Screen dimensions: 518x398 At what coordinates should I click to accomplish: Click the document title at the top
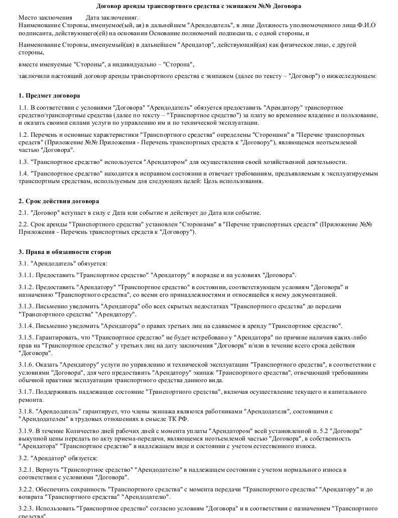tap(199, 7)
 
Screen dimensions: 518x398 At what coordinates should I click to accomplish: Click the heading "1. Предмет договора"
tap(49, 96)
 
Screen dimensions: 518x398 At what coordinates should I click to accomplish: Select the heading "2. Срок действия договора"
tap(59, 201)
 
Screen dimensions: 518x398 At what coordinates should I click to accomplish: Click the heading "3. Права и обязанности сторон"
tap(65, 251)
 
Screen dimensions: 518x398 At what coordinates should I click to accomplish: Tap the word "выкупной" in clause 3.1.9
tap(32, 439)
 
